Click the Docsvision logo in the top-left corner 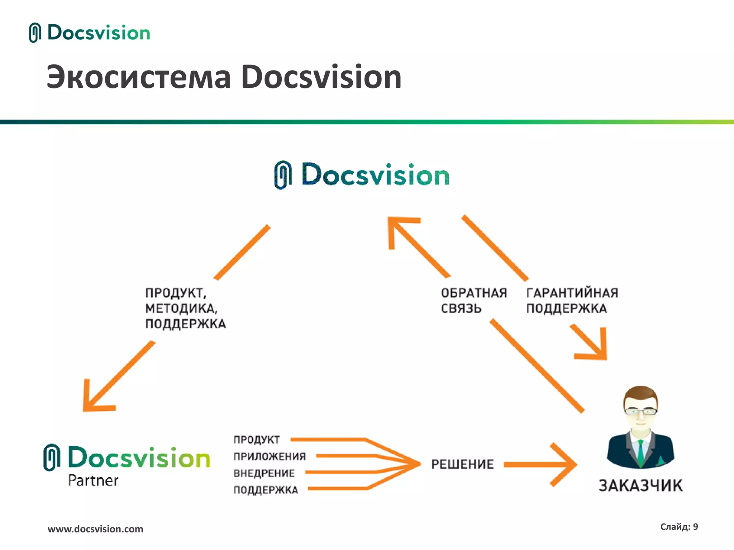tap(90, 33)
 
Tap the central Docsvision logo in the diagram tap(362, 175)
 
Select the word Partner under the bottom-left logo tap(93, 481)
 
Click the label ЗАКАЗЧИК tap(640, 486)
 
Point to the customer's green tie tap(641, 453)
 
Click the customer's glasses tap(641, 411)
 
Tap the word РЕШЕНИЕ tap(462, 464)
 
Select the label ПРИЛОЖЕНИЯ tap(270, 456)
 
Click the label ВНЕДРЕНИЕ tap(264, 473)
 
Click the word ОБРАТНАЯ tap(474, 293)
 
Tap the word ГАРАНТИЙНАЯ tap(572, 293)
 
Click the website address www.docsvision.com tap(95, 529)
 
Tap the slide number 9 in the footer tap(695, 527)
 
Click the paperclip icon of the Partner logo tap(52, 457)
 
